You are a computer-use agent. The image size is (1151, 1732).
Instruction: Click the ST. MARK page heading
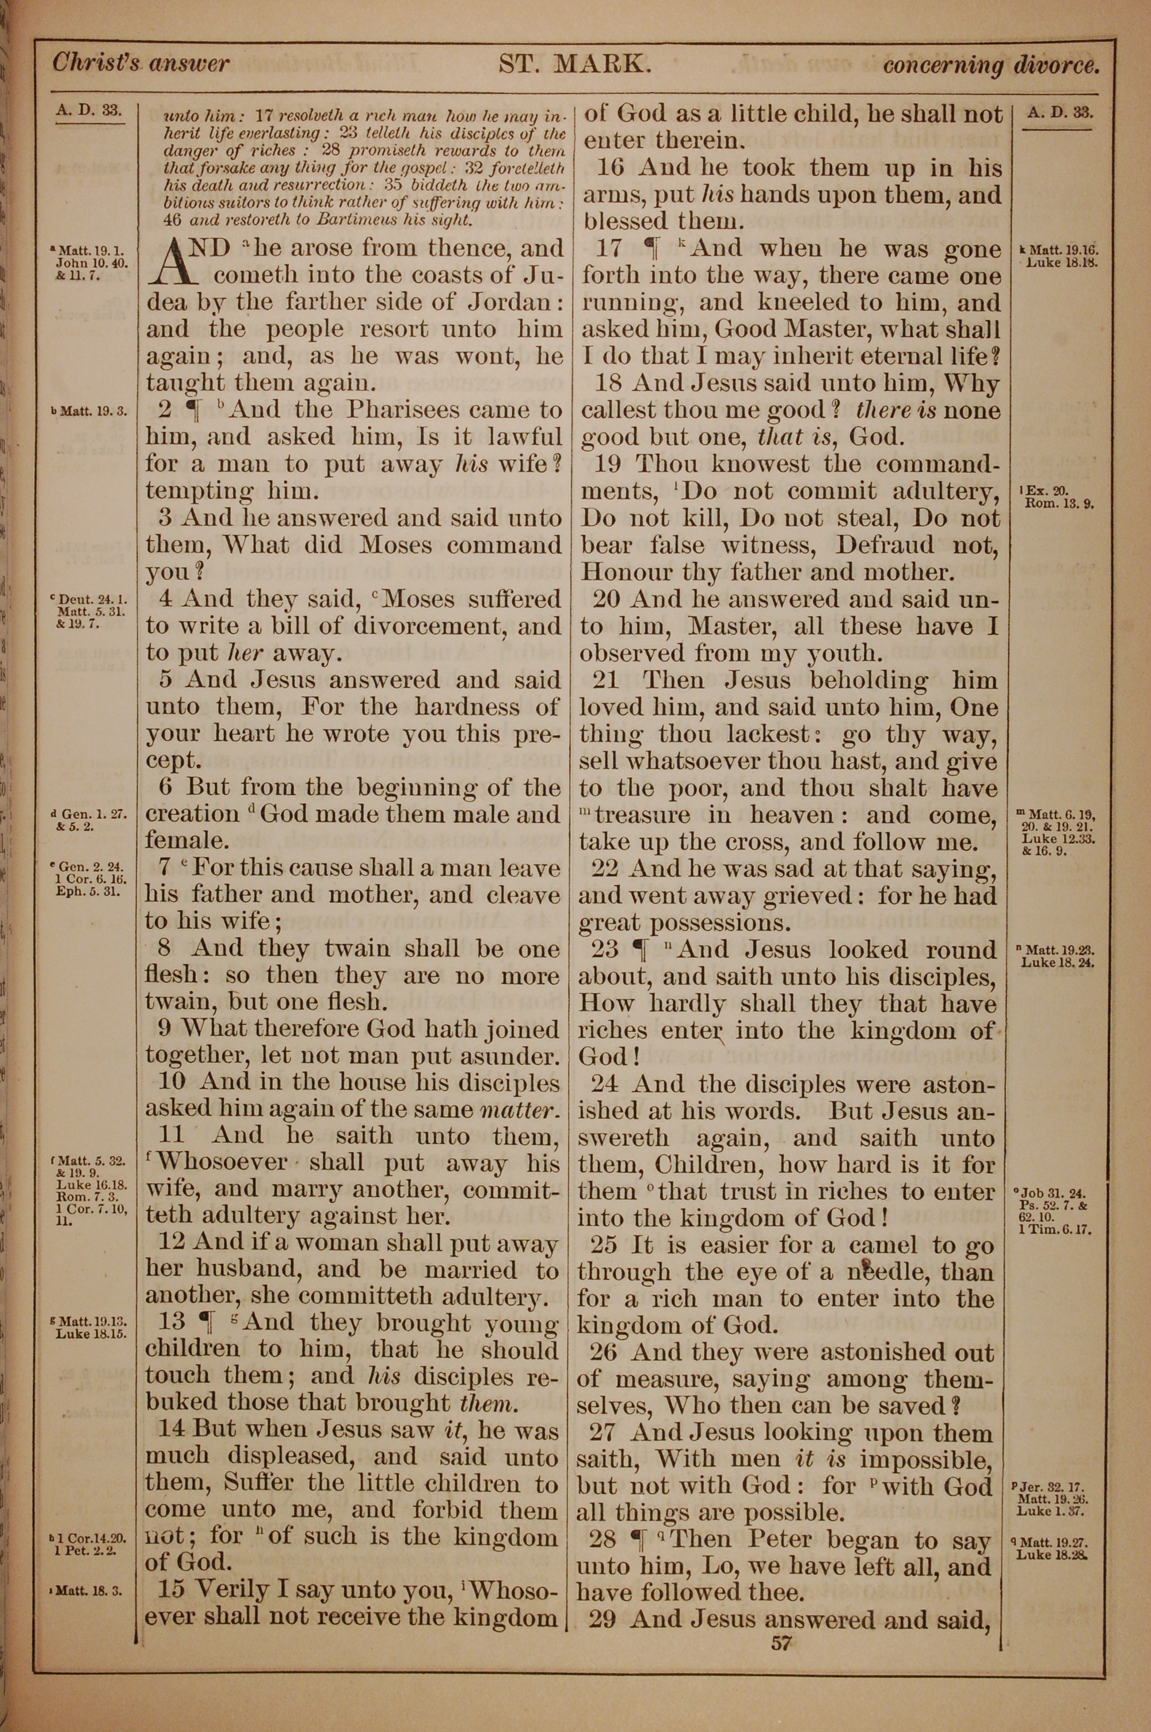point(575,64)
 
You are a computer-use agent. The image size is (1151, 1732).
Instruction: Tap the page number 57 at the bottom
point(781,1643)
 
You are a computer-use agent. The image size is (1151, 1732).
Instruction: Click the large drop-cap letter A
point(174,262)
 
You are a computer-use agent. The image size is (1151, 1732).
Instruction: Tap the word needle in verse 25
point(884,1273)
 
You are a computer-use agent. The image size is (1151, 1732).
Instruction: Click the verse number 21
point(607,680)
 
